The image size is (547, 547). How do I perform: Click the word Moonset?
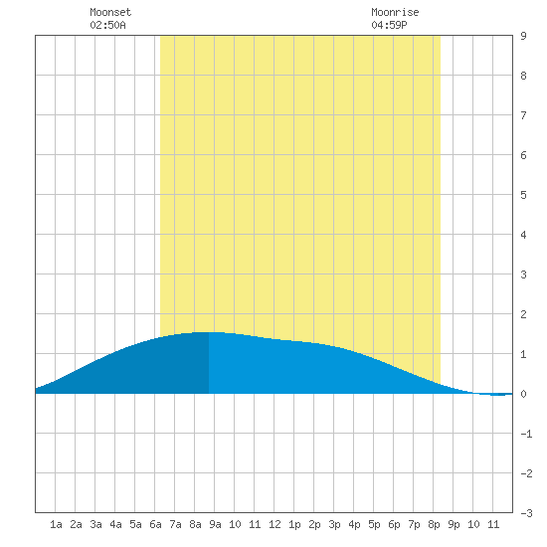pos(110,12)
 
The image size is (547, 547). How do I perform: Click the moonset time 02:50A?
pos(107,25)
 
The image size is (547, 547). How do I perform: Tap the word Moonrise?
pos(395,12)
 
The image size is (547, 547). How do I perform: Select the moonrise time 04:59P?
pos(389,25)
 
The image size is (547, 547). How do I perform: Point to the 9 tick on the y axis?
pos(523,36)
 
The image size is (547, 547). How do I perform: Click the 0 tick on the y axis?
pos(523,394)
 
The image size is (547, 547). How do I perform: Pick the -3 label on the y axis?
pos(526,513)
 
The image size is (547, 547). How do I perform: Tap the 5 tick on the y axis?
pos(523,195)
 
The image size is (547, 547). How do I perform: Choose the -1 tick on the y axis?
pos(526,434)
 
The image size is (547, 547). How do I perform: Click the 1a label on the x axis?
pos(56,524)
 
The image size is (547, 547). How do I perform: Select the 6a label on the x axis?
pos(155,524)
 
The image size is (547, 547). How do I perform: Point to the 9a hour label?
pos(215,524)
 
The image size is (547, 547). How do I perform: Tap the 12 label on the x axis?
pos(274,524)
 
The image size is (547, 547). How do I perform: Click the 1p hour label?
pos(294,524)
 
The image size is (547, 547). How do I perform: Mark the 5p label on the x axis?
pos(374,524)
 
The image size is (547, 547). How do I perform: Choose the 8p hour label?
pos(434,524)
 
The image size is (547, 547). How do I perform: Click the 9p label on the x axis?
pos(454,524)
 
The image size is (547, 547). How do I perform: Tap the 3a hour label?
pos(95,524)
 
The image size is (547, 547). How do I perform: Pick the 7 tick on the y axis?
pos(523,115)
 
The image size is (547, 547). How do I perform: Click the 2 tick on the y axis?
pos(523,314)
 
